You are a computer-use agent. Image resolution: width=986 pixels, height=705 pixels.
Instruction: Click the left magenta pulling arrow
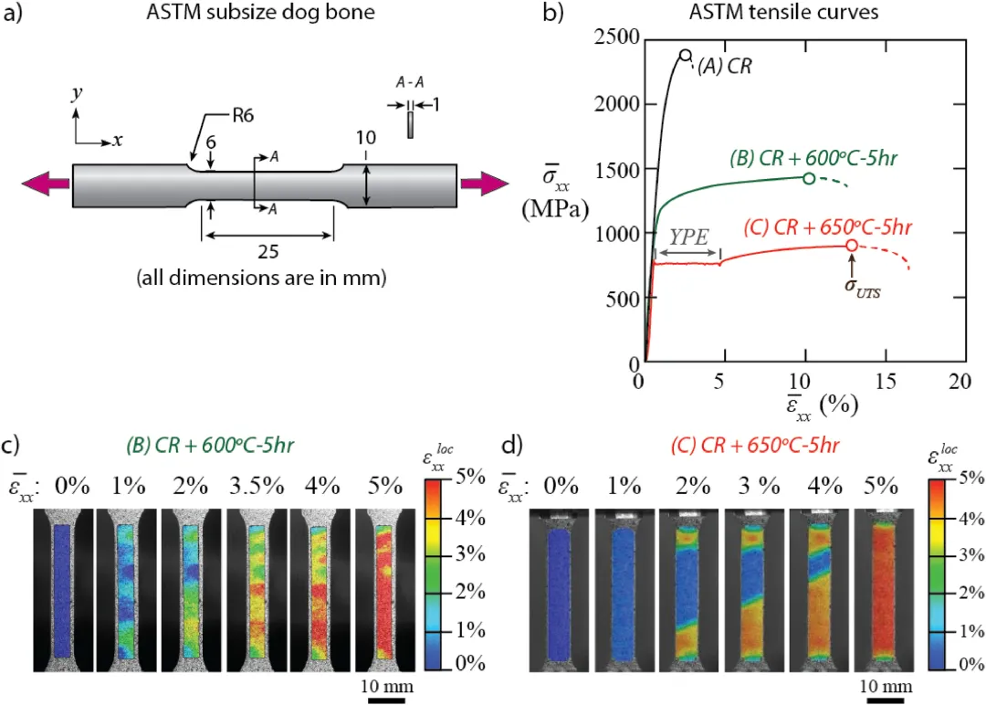click(x=46, y=184)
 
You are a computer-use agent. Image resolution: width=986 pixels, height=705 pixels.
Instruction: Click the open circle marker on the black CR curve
click(x=687, y=55)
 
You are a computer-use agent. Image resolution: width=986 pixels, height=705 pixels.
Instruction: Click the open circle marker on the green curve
click(x=809, y=178)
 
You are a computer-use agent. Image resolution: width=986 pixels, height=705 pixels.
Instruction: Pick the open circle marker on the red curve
click(x=852, y=245)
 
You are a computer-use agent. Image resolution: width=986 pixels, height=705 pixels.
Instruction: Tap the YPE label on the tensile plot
click(x=688, y=236)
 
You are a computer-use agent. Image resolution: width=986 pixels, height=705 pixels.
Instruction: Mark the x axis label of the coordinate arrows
click(x=117, y=141)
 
